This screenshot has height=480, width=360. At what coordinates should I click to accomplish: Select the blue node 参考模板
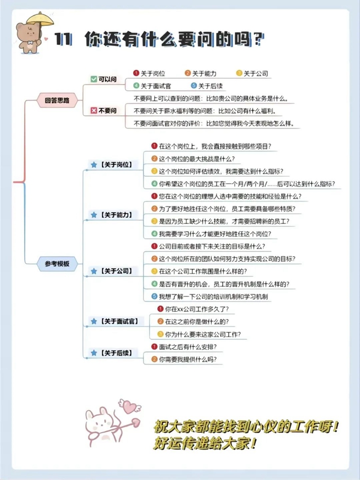tap(57, 263)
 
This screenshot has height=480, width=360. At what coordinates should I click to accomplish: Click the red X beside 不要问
tap(94, 111)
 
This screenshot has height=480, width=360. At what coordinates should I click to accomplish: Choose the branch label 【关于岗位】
tap(116, 165)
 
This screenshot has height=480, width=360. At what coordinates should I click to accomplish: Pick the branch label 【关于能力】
tap(116, 215)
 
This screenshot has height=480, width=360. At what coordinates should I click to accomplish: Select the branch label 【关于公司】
tap(116, 271)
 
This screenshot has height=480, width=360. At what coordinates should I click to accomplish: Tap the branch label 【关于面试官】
tap(119, 321)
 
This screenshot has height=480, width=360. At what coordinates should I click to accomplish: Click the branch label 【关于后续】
tap(116, 353)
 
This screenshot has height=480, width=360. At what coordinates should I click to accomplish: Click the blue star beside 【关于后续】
tap(94, 353)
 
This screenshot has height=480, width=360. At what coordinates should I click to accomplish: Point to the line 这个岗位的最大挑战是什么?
tap(196, 158)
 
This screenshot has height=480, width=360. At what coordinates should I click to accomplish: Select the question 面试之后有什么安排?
tap(187, 347)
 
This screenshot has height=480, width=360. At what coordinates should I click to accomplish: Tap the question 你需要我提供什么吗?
tap(187, 359)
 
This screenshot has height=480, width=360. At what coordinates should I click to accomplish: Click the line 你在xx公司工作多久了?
tap(196, 309)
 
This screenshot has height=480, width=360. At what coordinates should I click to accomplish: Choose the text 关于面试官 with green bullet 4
tap(155, 86)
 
